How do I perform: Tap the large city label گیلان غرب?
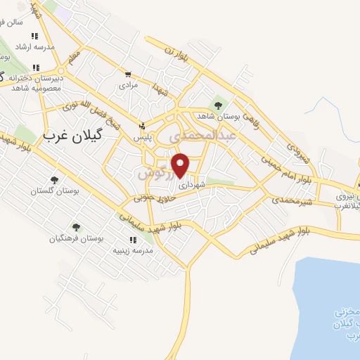tap(72, 136)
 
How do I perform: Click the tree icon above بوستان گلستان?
tap(54, 180)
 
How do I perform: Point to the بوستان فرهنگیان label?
tap(76, 238)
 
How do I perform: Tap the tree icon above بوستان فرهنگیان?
tap(76, 227)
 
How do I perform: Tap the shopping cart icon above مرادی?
tap(128, 74)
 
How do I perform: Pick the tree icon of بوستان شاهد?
tap(217, 105)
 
